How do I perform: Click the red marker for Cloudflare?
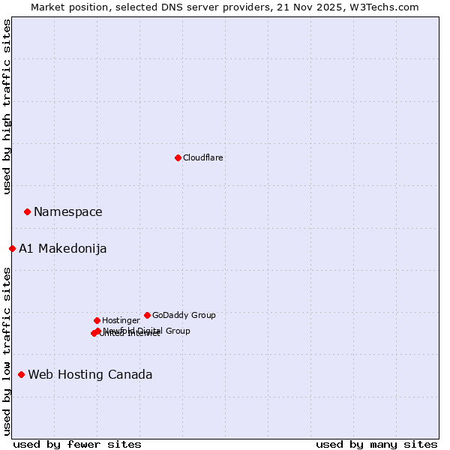[x=178, y=157]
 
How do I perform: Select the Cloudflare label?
[x=203, y=158]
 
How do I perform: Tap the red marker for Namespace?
[x=27, y=212]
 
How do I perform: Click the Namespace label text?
[x=68, y=212]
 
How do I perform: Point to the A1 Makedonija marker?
[x=12, y=248]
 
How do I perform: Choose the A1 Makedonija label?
[x=63, y=249]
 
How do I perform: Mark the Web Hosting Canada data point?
[x=21, y=374]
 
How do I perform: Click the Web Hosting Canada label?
[x=90, y=375]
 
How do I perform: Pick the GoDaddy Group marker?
[x=147, y=315]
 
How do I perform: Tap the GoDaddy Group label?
[x=184, y=316]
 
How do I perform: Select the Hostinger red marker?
[x=97, y=320]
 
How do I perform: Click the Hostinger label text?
[x=121, y=321]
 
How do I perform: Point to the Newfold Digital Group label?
[x=147, y=331]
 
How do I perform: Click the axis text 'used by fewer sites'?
[x=77, y=444]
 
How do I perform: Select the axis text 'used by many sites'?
[x=376, y=444]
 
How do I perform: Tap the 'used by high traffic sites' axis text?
[x=7, y=106]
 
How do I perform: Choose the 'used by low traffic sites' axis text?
[x=7, y=350]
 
